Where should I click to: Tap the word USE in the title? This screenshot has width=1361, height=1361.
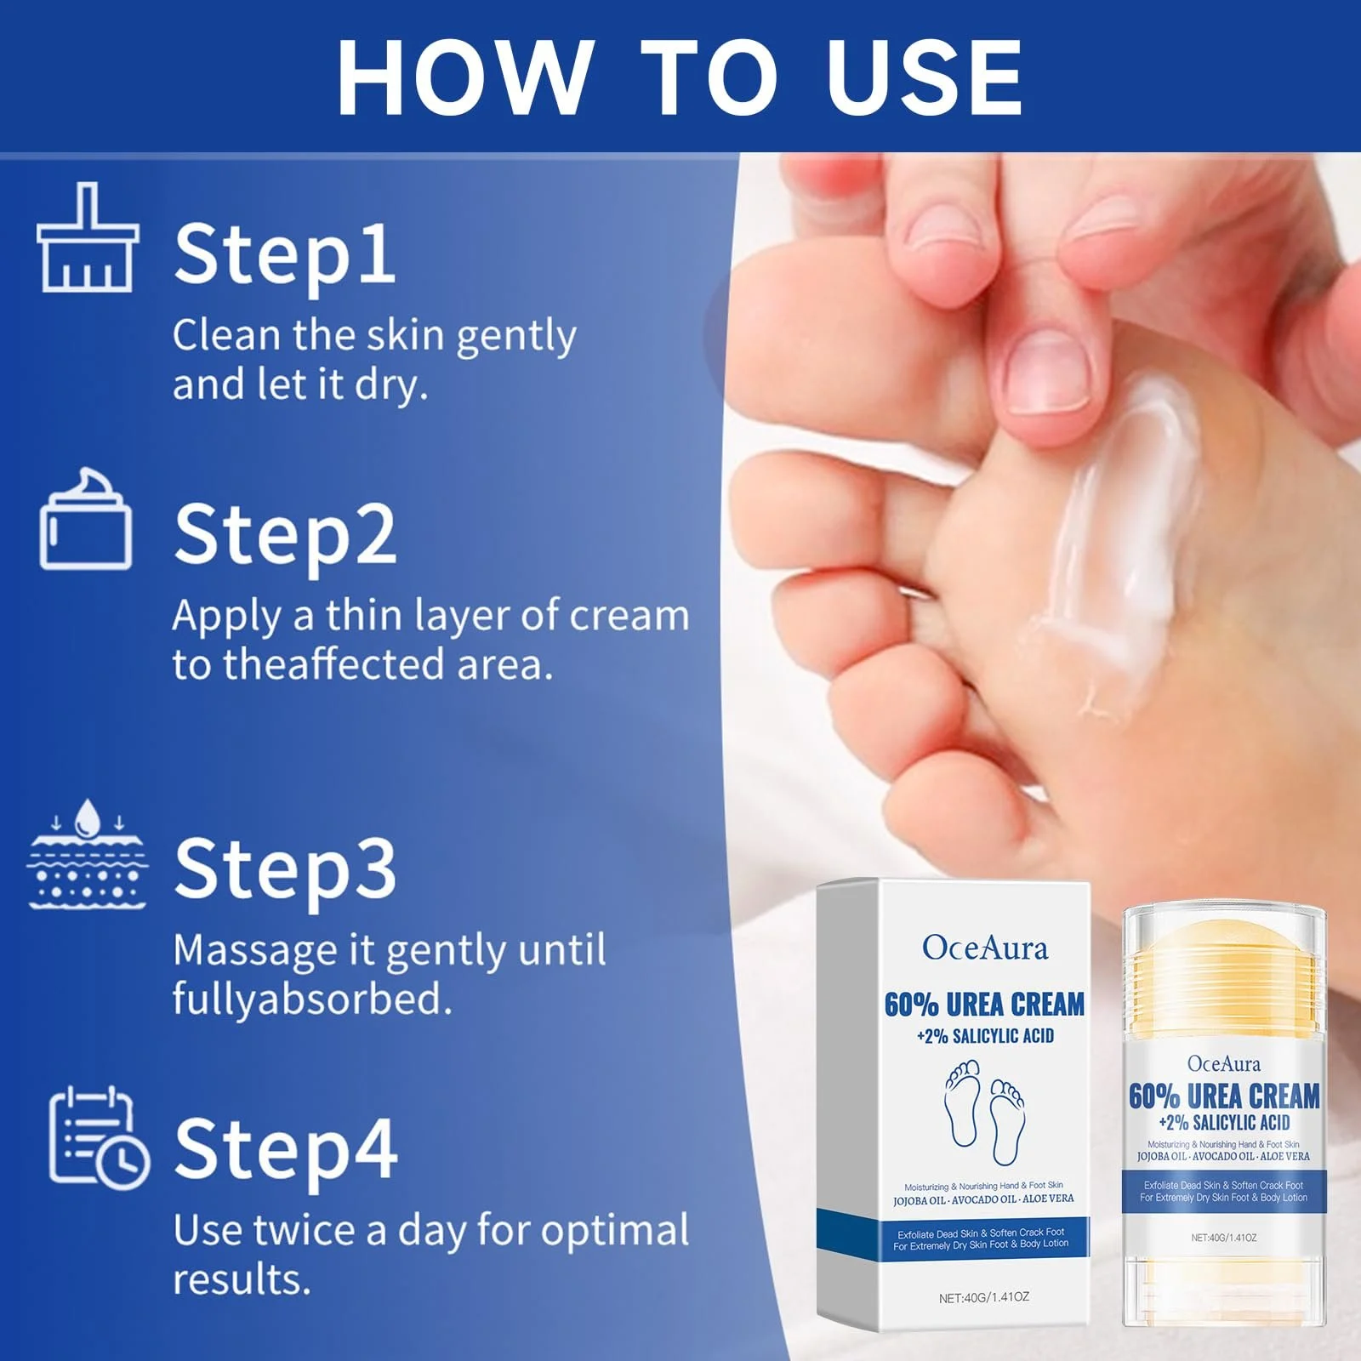(x=925, y=77)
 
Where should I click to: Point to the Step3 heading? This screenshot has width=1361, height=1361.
(x=285, y=870)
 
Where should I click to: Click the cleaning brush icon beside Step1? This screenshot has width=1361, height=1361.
(x=88, y=237)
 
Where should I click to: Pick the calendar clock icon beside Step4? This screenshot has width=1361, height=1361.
(x=99, y=1136)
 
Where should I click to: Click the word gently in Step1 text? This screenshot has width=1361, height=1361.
(x=517, y=337)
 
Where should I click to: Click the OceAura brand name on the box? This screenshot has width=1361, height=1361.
(x=985, y=948)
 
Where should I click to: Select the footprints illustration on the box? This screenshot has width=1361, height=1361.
(x=985, y=1112)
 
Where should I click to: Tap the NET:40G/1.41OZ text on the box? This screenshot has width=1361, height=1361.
(x=984, y=1297)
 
